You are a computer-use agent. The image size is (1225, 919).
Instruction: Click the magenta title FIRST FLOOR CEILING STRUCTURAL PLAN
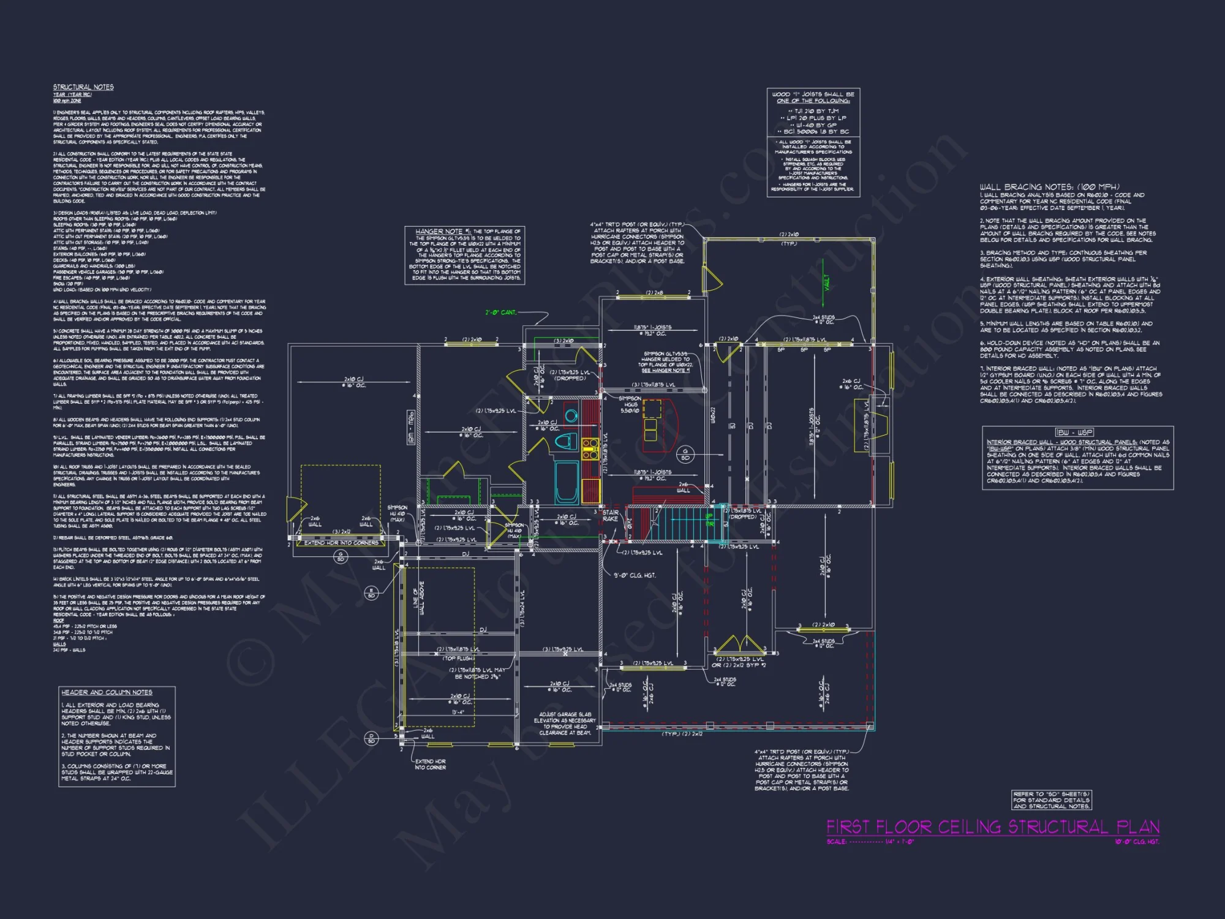coord(992,827)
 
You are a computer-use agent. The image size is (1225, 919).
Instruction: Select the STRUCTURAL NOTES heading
coord(83,87)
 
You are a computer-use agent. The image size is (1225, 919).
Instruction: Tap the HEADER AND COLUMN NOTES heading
coord(107,692)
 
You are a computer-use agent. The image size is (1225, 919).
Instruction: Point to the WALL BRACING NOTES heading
coord(1049,187)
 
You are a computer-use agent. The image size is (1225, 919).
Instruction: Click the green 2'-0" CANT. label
coord(500,312)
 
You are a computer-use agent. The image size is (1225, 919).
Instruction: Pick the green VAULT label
coord(826,282)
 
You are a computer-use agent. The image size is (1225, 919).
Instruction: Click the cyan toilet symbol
coord(565,441)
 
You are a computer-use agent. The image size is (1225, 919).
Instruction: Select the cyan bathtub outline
coord(566,482)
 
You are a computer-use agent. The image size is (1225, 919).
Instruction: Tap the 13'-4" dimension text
coord(458,712)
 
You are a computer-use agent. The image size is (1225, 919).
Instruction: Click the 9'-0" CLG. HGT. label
coord(635,575)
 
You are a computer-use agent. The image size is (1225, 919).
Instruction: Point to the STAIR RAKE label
coord(610,515)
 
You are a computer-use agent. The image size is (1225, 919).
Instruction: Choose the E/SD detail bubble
coord(371,593)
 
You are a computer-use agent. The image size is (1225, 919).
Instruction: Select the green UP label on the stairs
coord(709,519)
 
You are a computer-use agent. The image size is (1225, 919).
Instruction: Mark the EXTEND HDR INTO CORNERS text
coord(341,543)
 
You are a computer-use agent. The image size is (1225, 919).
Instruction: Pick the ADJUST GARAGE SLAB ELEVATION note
coord(565,724)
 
